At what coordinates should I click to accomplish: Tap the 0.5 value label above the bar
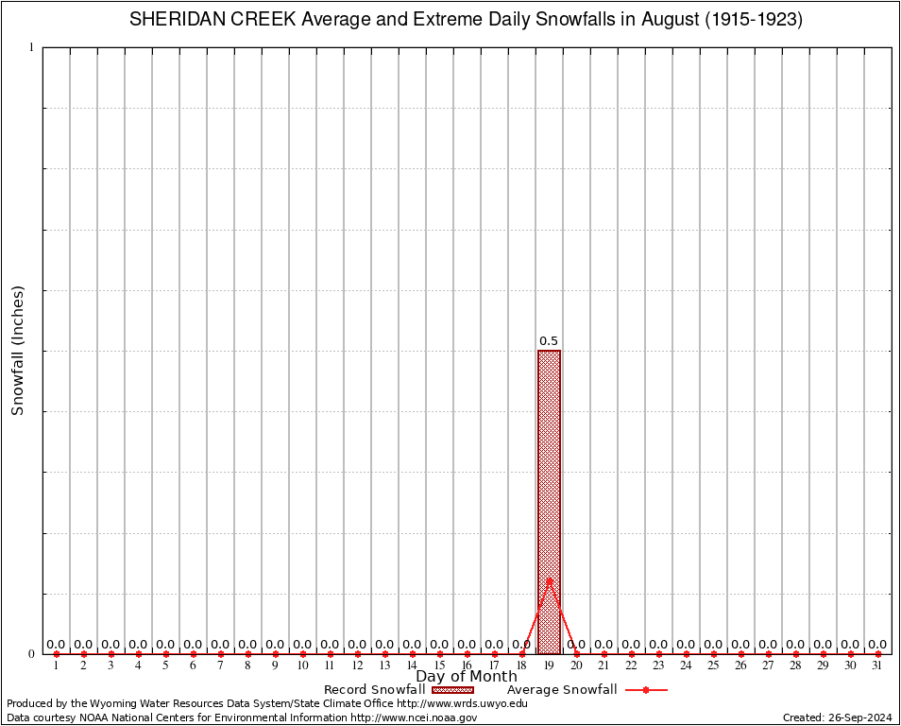549,341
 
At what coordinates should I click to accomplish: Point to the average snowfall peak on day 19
549,579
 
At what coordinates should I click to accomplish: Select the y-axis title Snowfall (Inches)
17,351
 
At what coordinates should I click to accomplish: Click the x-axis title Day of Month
467,677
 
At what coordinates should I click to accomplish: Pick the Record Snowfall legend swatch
452,690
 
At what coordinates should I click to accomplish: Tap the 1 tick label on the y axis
31,47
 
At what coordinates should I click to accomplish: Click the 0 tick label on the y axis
31,653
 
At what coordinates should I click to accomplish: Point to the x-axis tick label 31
878,665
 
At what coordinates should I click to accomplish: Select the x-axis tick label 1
56,665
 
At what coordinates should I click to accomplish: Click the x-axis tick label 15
439,665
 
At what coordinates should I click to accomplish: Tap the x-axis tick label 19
549,665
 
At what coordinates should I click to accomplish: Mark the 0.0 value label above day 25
713,645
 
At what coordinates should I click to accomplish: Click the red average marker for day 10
302,654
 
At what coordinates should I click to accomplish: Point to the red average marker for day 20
576,654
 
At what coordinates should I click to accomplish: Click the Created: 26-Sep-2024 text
838,718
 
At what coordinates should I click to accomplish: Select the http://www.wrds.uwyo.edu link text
462,703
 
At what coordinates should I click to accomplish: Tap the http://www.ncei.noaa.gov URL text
414,718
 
